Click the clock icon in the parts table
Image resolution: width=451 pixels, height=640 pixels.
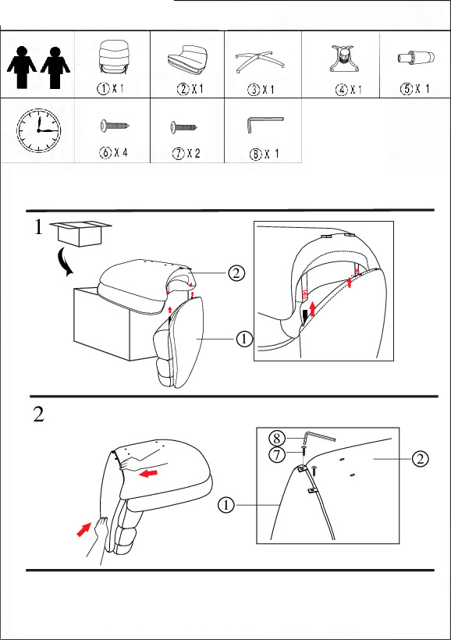click(x=38, y=130)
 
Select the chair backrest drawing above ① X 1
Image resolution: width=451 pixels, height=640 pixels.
click(x=113, y=57)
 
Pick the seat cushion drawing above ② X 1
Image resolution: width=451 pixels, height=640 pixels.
click(x=187, y=60)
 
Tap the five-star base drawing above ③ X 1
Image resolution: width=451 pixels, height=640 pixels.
click(x=260, y=61)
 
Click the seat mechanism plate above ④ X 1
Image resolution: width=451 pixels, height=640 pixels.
click(x=343, y=59)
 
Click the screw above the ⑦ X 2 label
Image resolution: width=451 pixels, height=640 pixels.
click(x=184, y=127)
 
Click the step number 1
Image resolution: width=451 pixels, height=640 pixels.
click(x=38, y=227)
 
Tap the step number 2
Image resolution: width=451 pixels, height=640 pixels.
click(x=38, y=414)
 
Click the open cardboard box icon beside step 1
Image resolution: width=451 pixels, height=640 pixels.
click(x=80, y=233)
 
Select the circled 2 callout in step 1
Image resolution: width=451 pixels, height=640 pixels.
click(x=236, y=272)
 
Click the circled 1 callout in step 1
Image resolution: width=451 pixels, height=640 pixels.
click(x=244, y=339)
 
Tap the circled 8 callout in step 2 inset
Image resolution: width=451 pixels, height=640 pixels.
click(x=277, y=439)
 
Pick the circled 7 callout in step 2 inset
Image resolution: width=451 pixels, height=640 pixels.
click(x=277, y=454)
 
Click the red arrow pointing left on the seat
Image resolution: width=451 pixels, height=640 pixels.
click(x=147, y=474)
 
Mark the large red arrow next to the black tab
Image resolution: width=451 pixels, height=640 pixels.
click(x=313, y=309)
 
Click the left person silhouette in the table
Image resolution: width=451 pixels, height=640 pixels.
click(x=22, y=67)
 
